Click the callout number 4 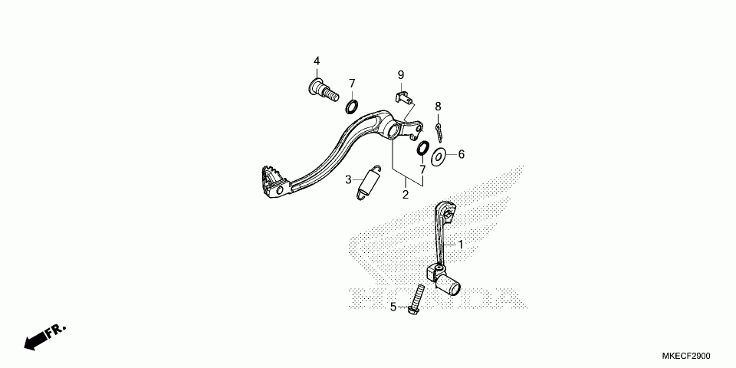(316, 61)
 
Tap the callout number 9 (400, 74)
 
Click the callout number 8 (438, 106)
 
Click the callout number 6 (462, 154)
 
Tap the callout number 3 (348, 179)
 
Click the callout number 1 (461, 245)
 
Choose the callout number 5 (393, 307)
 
